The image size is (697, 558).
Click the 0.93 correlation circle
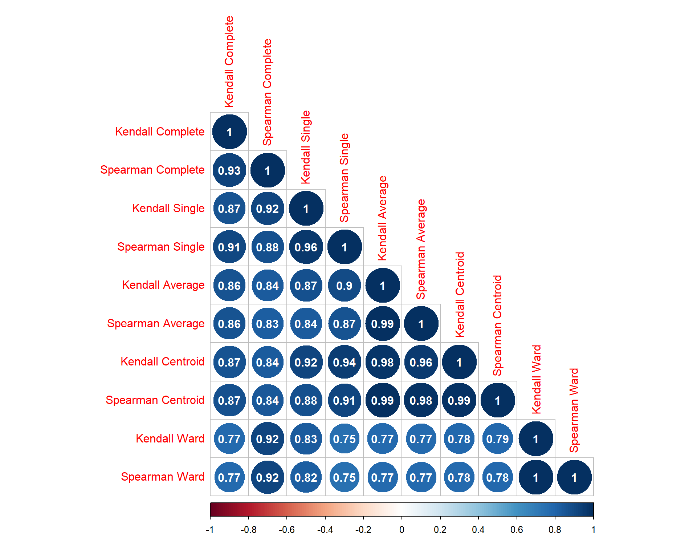[229, 170]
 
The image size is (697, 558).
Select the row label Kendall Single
[168, 209]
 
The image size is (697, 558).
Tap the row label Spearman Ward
[162, 477]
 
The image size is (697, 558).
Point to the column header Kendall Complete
[229, 62]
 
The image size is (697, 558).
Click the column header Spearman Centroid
[497, 325]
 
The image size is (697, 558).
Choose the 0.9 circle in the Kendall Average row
[344, 286]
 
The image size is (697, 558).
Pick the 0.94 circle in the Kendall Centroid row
[344, 362]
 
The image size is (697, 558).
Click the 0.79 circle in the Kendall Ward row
[497, 439]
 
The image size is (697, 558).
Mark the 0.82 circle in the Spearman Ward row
[306, 477]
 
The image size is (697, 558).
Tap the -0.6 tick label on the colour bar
[286, 530]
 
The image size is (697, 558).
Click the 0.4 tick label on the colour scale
[478, 530]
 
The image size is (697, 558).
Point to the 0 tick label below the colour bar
[402, 530]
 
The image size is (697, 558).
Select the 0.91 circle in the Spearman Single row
[229, 247]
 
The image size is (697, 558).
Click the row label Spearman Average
[156, 324]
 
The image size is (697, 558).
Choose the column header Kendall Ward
[536, 380]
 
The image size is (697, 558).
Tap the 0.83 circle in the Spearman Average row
[268, 324]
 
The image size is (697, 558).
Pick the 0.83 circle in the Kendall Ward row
[306, 439]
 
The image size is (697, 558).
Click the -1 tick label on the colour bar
[210, 530]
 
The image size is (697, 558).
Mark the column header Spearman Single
[344, 178]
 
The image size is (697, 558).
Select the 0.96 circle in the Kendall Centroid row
[421, 362]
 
